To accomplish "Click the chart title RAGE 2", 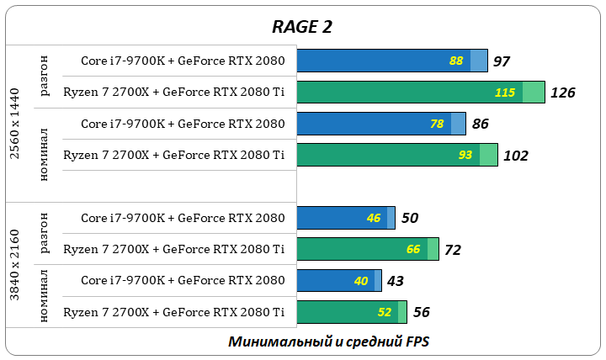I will pyautogui.click(x=302, y=26).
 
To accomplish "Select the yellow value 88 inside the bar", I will pyautogui.click(x=457, y=61).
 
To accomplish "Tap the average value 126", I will pyautogui.click(x=562, y=93).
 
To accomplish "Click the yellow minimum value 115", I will pyautogui.click(x=505, y=93).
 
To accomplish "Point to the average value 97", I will pyautogui.click(x=502, y=61).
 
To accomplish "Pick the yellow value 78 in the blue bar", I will pyautogui.click(x=437, y=124).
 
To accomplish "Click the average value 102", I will pyautogui.click(x=515, y=156).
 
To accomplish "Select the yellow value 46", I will pyautogui.click(x=374, y=218).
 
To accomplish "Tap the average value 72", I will pyautogui.click(x=453, y=250).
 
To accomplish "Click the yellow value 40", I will pyautogui.click(x=361, y=281).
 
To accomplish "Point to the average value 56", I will pyautogui.click(x=422, y=312).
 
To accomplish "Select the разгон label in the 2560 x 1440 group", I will pyautogui.click(x=44, y=77).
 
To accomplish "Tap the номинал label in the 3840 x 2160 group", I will pyautogui.click(x=44, y=296).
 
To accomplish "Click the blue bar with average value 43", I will pyautogui.click(x=339, y=281).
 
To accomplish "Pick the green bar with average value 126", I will pyautogui.click(x=421, y=93).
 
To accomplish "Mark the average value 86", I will pyautogui.click(x=481, y=124).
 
